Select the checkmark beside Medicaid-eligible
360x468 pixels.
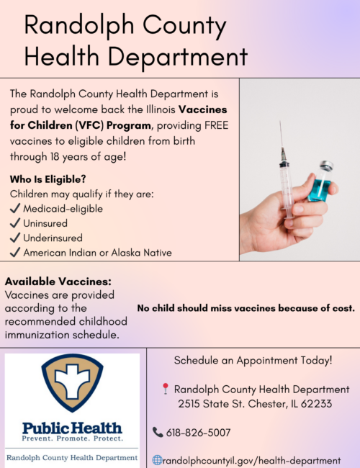[x=15, y=209]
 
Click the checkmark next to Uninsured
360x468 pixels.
[x=15, y=223]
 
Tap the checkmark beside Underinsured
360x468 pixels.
[x=15, y=238]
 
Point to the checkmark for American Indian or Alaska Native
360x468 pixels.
[x=15, y=252]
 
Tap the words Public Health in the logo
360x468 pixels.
[x=72, y=428]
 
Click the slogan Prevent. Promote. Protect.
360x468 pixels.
[x=72, y=438]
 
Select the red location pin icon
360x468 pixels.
[x=166, y=389]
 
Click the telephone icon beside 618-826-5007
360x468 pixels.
[x=158, y=433]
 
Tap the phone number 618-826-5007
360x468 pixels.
[x=198, y=433]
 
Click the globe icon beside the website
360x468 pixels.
[x=158, y=460]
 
